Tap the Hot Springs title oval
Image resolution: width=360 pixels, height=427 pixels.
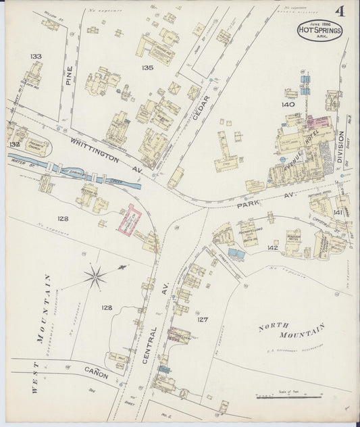click(x=320, y=30)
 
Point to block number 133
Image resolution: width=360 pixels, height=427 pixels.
click(x=36, y=56)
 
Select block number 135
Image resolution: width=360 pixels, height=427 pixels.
click(x=147, y=68)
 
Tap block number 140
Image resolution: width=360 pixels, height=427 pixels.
click(x=288, y=105)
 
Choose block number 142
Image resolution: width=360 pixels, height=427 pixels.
click(x=272, y=248)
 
